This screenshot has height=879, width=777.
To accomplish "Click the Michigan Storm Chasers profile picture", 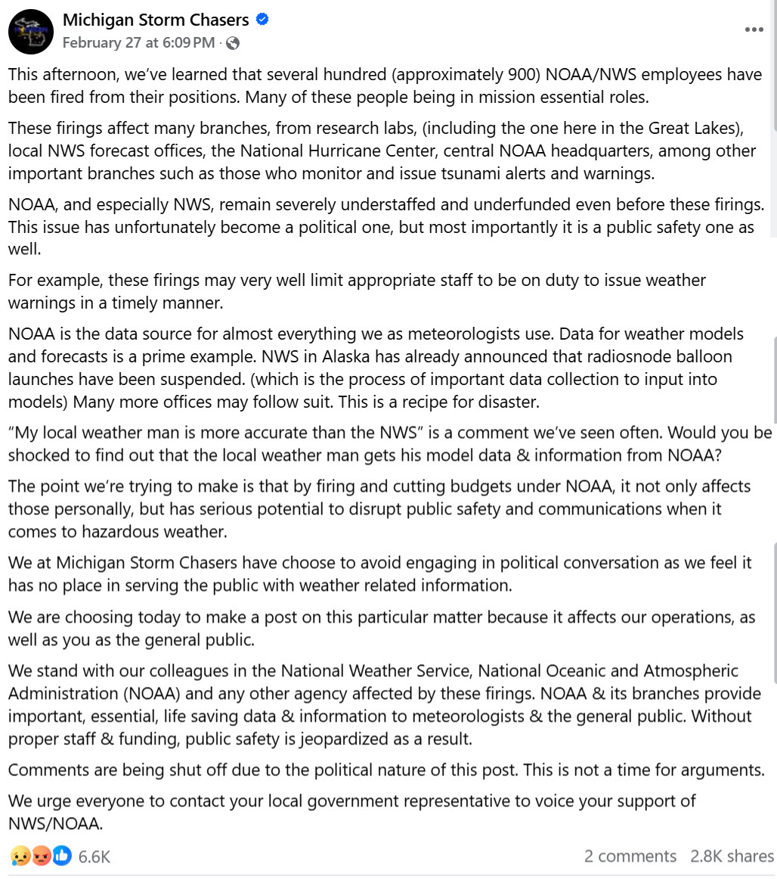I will coord(30,32).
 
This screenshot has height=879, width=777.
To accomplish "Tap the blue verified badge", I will coord(263,20).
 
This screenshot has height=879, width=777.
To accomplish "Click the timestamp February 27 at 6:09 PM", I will coord(138,43).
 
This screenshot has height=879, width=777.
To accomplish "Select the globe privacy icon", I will coord(233,43).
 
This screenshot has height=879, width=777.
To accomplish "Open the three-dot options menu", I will coord(754,30).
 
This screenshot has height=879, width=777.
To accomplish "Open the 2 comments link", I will coord(630,856).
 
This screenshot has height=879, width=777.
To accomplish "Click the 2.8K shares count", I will coord(732,856).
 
